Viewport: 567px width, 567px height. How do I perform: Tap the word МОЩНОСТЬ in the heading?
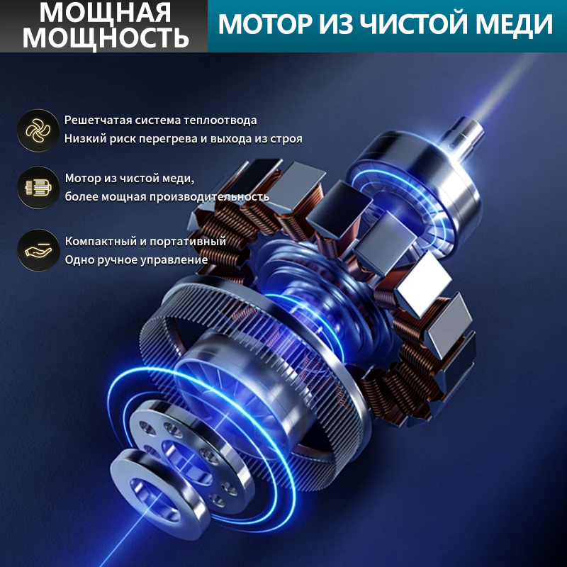tap(104, 37)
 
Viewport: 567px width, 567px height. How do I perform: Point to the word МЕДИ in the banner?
tap(520, 25)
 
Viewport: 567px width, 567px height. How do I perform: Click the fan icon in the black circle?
tap(38, 130)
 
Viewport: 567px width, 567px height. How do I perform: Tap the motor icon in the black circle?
tap(38, 187)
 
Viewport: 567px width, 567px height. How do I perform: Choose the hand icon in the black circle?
tap(38, 250)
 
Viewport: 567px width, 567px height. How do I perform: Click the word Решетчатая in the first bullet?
tap(94, 120)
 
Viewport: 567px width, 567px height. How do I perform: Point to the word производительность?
tap(212, 196)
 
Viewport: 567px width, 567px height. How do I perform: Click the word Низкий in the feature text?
tap(82, 139)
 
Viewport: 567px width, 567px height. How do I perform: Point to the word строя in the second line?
tap(288, 139)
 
